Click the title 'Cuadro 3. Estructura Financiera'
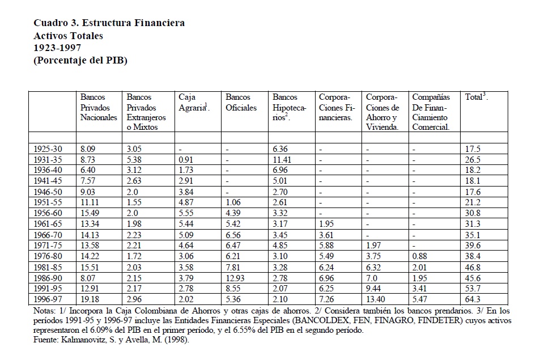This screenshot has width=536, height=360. tap(109, 23)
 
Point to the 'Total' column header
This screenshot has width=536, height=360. tap(476, 98)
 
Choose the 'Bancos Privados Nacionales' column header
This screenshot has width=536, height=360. tap(99, 107)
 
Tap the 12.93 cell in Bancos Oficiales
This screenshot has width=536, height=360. tap(237, 277)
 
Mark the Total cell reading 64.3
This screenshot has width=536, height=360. tap(473, 298)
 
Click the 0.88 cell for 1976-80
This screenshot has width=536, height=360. tap(420, 256)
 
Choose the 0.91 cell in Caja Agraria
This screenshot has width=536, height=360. tap(186, 160)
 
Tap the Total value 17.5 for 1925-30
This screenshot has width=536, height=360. tap(473, 149)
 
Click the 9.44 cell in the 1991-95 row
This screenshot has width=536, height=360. tap(375, 288)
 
